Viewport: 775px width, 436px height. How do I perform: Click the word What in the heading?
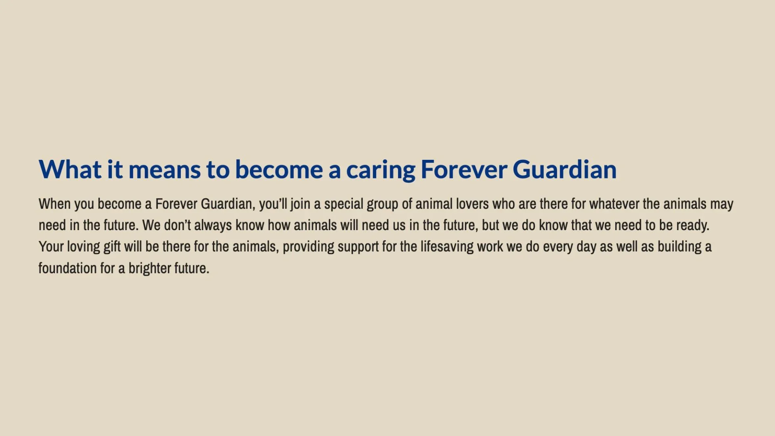tap(70, 169)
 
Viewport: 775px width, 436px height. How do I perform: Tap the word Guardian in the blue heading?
tap(565, 169)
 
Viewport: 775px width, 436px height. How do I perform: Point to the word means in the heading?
tap(164, 170)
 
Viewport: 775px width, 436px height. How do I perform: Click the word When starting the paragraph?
tap(54, 204)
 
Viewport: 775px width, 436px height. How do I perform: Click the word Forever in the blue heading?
tap(464, 170)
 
